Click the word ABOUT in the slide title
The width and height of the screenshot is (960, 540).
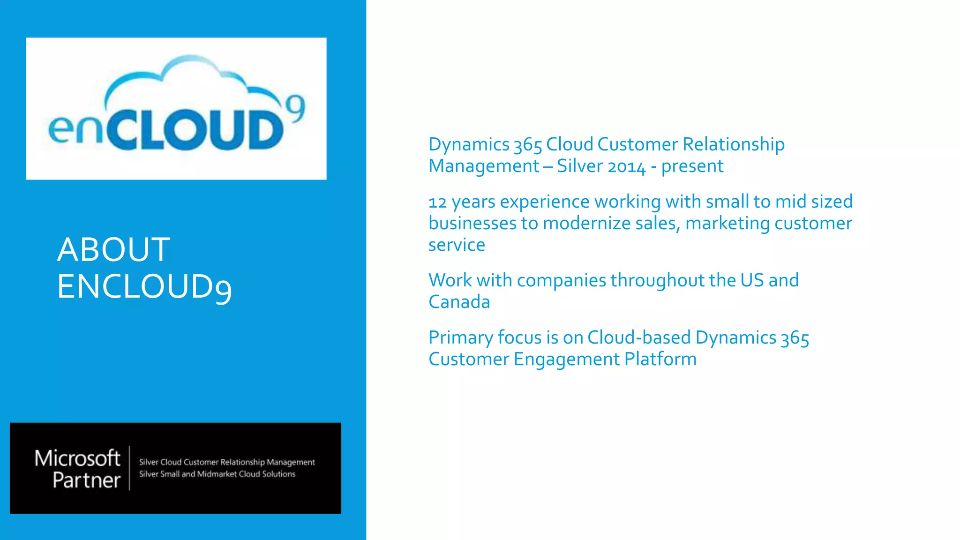coord(113,249)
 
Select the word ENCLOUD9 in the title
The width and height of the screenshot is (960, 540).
coord(144,287)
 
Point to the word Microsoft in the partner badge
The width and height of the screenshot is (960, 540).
coord(77,458)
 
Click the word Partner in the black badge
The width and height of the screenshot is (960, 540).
coord(87,480)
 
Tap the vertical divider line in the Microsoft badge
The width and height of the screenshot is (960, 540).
coord(129,468)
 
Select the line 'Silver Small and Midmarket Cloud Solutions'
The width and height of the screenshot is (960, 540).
coord(217,474)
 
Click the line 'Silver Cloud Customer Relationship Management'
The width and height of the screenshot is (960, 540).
coord(227,462)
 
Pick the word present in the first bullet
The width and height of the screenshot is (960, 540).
coord(692,166)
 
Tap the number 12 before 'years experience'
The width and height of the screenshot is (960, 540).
coord(437,202)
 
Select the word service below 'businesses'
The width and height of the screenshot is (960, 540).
coord(457,245)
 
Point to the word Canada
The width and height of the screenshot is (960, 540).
coord(459,302)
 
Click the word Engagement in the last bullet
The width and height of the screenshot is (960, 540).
coord(566,360)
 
